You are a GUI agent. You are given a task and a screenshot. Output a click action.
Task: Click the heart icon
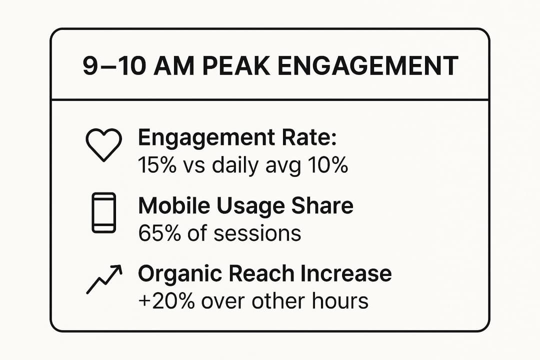tap(103, 145)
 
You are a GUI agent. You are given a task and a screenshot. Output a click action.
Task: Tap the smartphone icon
tap(103, 212)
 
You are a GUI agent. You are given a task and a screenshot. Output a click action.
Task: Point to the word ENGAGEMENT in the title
tap(367, 66)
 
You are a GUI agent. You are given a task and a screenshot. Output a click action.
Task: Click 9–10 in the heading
tap(114, 66)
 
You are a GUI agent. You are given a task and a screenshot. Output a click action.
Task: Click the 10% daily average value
tap(327, 165)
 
